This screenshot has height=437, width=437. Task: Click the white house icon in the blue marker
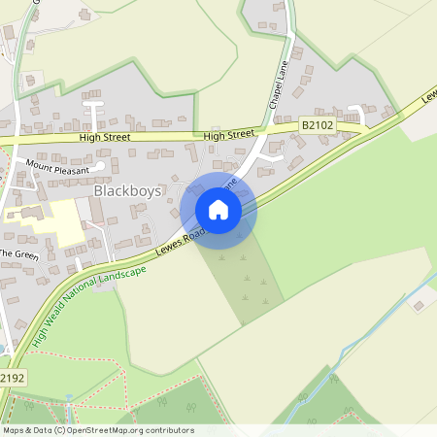pyautogui.click(x=218, y=209)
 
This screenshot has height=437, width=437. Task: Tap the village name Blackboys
pyautogui.click(x=127, y=191)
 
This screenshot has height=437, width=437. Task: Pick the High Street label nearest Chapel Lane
pyautogui.click(x=230, y=134)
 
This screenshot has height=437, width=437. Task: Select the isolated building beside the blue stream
pyautogui.click(x=420, y=306)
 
